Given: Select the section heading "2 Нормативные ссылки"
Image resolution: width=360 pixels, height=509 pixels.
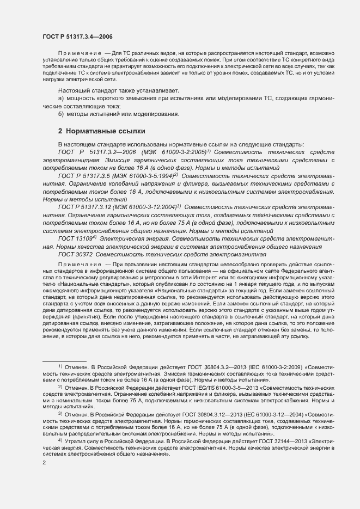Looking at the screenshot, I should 101,131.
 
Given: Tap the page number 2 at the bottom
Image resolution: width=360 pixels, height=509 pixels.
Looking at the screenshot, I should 44,462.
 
